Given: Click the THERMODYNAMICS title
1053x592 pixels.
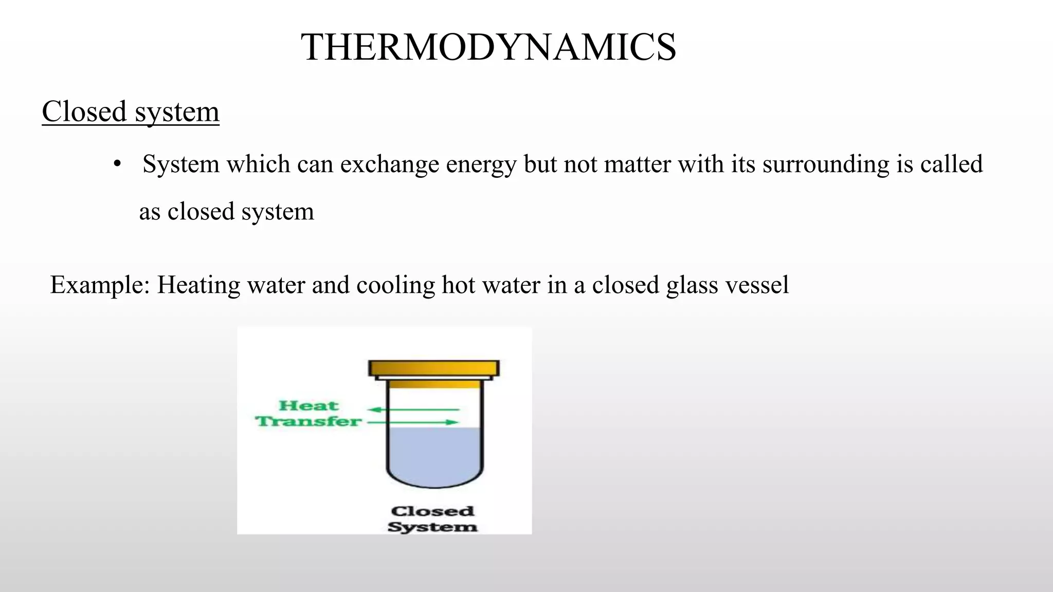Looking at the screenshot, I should click(488, 47).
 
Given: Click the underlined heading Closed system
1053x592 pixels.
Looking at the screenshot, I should click(131, 112).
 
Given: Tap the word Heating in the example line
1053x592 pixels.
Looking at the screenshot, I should click(198, 285).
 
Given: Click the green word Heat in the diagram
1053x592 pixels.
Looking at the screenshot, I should click(308, 406).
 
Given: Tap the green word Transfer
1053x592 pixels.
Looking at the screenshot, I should click(308, 422).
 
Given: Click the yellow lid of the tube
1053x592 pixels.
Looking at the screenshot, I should click(434, 368).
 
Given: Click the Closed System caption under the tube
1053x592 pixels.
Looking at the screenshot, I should click(432, 519).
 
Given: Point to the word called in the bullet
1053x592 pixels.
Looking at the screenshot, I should click(951, 164).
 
